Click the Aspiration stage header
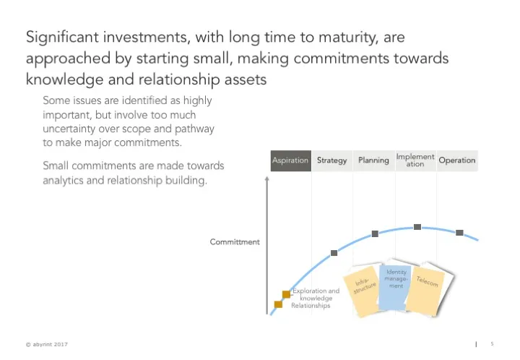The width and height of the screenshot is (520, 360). click(x=290, y=160)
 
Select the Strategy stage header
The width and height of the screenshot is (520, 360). click(x=332, y=160)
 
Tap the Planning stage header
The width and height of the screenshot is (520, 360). click(x=374, y=160)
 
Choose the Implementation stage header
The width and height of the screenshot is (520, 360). click(x=415, y=160)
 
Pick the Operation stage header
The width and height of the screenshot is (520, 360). click(x=456, y=160)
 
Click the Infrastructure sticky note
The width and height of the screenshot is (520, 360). click(x=365, y=289)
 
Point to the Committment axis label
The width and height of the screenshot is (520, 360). click(x=235, y=242)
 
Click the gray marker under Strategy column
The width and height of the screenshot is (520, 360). click(x=334, y=253)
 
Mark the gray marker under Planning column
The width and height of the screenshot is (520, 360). click(x=375, y=233)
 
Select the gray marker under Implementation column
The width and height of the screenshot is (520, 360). click(x=417, y=227)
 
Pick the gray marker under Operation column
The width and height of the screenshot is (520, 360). click(x=459, y=233)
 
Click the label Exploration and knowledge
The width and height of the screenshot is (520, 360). click(x=316, y=294)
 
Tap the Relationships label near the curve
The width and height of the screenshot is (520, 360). click(x=311, y=306)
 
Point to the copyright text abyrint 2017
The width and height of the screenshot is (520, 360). click(x=47, y=344)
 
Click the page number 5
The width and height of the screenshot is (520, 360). click(x=491, y=343)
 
